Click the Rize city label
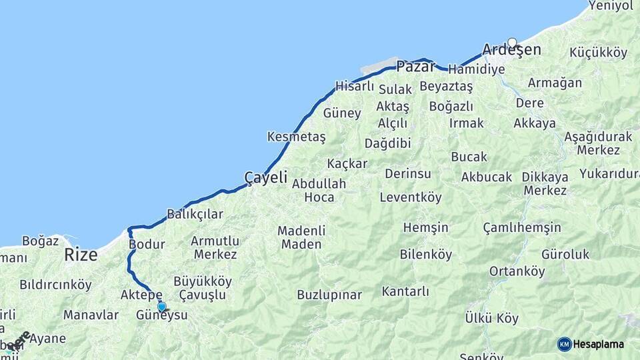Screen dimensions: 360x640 (x=81, y=255)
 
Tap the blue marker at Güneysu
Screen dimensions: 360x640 (x=161, y=307)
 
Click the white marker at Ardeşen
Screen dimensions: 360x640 (x=512, y=43)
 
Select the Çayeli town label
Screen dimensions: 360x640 (x=265, y=177)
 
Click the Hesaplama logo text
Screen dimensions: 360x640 (x=598, y=344)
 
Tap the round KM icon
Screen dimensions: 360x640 (x=564, y=344)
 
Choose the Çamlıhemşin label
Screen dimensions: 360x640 (x=522, y=228)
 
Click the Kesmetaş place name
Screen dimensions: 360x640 (x=296, y=137)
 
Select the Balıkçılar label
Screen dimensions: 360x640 (x=195, y=214)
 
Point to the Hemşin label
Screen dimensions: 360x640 (x=426, y=228)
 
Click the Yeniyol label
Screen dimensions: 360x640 (x=610, y=6)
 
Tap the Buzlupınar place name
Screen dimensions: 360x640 (x=329, y=295)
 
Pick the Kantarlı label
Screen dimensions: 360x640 (x=405, y=291)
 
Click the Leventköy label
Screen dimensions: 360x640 (x=411, y=197)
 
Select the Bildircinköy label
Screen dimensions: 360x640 (x=55, y=285)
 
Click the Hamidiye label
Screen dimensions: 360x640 (x=477, y=69)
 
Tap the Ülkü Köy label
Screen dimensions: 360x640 (x=491, y=318)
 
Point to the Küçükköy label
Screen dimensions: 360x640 (x=599, y=53)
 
